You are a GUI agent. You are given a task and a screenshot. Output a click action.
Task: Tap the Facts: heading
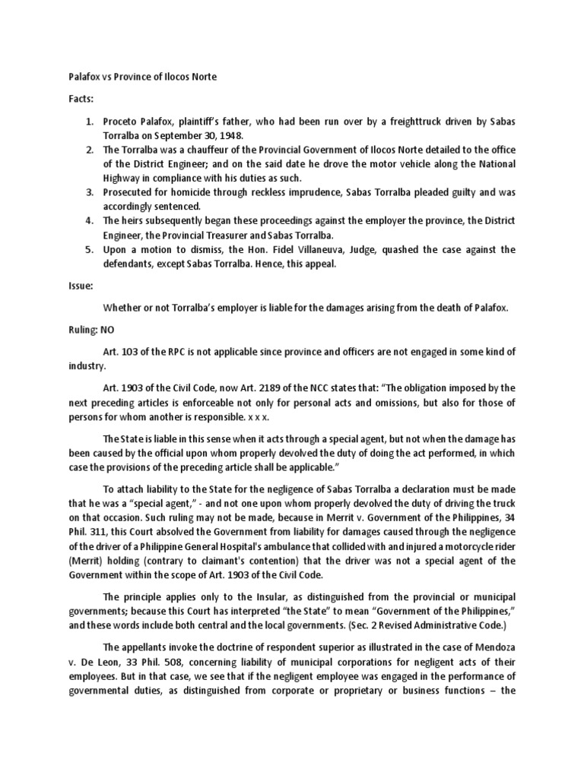point(76,99)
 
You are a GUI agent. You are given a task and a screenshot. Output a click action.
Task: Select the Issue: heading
point(75,288)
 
